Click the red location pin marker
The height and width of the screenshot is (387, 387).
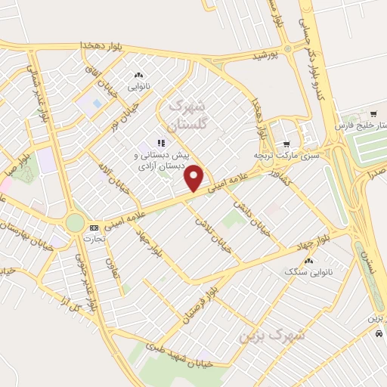[x=195, y=178]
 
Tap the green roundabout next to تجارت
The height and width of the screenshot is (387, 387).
[x=75, y=222]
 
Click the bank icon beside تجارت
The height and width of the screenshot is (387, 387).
[x=94, y=228]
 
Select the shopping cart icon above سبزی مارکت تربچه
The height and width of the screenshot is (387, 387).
[x=286, y=144]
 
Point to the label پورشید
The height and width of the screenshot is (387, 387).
[x=265, y=55]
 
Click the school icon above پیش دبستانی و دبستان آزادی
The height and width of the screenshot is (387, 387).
[x=160, y=143]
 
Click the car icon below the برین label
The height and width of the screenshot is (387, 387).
[x=378, y=333]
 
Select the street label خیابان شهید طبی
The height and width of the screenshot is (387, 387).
[x=175, y=354]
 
